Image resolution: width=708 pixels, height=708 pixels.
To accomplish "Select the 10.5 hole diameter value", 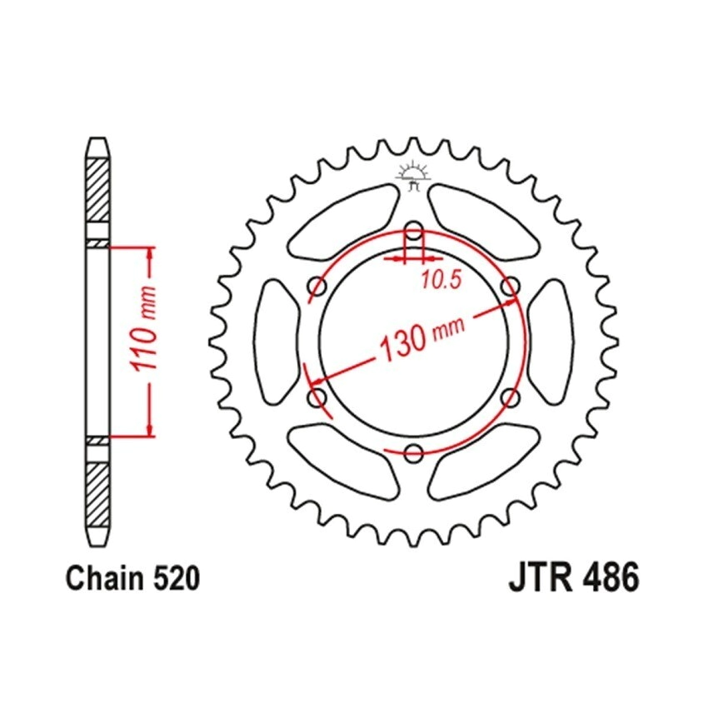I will pyautogui.click(x=441, y=281).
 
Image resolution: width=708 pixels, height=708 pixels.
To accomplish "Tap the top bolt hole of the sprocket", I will pyautogui.click(x=413, y=231).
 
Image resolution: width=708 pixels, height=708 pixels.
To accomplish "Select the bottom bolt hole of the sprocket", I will pyautogui.click(x=413, y=452).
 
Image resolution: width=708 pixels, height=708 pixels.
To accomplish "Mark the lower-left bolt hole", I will pyautogui.click(x=317, y=397).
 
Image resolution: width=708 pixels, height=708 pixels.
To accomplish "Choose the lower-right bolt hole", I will pyautogui.click(x=510, y=397).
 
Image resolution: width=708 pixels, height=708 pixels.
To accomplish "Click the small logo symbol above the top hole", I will pyautogui.click(x=413, y=176).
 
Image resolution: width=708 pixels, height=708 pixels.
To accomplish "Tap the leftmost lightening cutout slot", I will pyautogui.click(x=276, y=342).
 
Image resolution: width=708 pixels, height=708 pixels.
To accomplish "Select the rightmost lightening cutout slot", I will pyautogui.click(x=551, y=342).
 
